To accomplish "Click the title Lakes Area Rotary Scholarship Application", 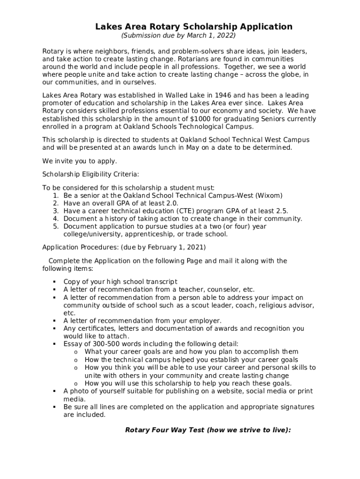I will pos(194,27).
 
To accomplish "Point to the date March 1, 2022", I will pos(214,36).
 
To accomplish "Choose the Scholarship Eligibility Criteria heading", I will pos(90,174).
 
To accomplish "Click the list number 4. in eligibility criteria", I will pos(56,218).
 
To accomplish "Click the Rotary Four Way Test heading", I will pos(208,430).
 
